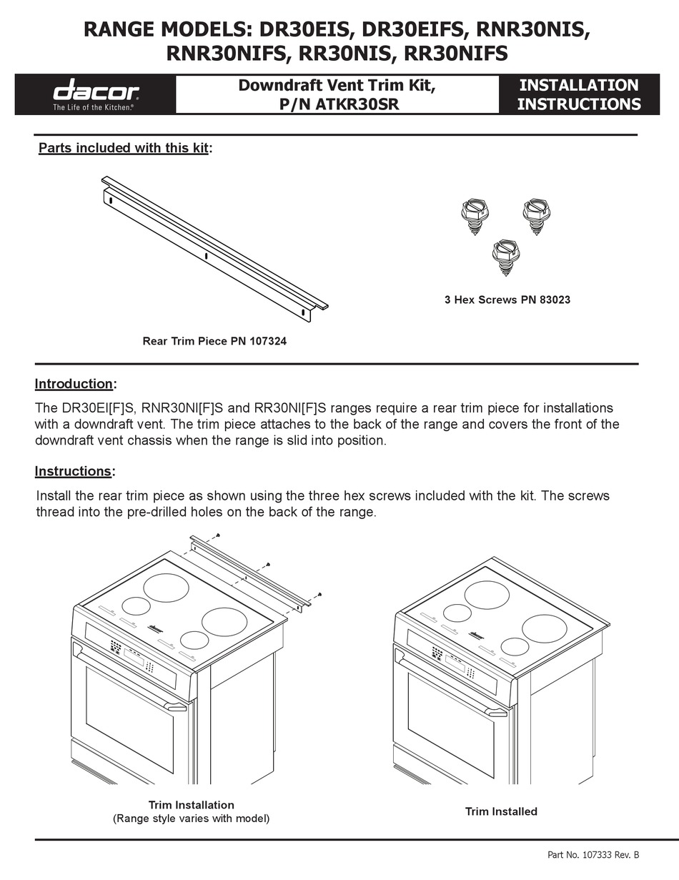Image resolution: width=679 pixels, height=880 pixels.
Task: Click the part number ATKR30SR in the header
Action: [357, 104]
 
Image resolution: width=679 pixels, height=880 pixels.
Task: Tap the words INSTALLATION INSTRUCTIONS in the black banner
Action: [578, 94]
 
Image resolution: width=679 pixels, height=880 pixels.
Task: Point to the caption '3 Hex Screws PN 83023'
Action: [507, 300]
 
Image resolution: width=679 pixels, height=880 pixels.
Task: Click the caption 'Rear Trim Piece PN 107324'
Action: [214, 341]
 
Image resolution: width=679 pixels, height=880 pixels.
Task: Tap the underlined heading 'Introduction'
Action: [74, 384]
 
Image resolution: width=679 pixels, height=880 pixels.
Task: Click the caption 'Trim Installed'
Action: [501, 811]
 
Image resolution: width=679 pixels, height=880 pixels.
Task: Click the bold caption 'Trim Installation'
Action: [191, 805]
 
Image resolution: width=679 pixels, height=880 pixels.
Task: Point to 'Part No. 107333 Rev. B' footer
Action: [593, 854]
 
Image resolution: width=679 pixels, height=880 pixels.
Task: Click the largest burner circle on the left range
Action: [166, 587]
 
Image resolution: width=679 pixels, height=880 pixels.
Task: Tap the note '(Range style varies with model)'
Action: [191, 819]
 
